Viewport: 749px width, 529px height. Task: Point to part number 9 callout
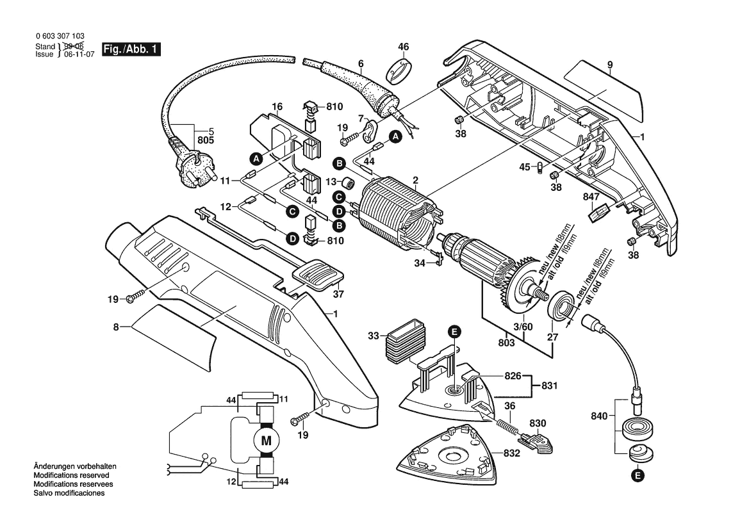click(610, 65)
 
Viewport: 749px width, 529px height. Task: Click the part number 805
click(205, 140)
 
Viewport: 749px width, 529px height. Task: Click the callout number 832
click(512, 453)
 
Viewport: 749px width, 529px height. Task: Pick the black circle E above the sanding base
click(454, 331)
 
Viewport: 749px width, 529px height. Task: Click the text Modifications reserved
click(70, 476)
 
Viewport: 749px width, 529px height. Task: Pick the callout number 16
click(277, 106)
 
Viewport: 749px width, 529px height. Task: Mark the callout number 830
click(538, 423)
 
